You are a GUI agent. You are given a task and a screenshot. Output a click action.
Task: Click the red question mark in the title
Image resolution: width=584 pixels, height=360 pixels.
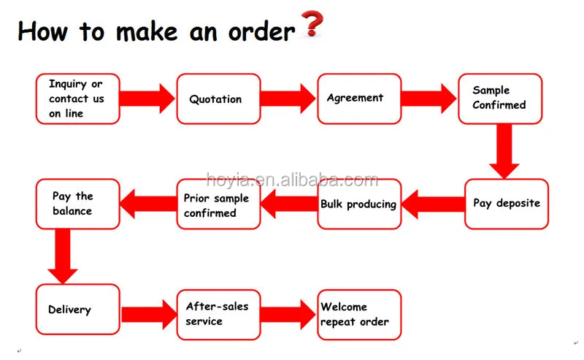click(312, 24)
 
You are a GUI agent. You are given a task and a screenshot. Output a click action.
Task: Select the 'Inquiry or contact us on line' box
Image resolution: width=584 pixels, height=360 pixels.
click(77, 99)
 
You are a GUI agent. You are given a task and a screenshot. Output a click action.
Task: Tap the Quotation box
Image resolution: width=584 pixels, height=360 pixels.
click(218, 99)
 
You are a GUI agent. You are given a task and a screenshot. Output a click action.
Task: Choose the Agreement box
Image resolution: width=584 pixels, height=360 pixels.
click(358, 99)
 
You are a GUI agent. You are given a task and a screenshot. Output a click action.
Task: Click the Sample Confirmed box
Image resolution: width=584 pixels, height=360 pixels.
click(499, 99)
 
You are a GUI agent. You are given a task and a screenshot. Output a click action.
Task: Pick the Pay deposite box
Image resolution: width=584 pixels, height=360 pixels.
click(506, 204)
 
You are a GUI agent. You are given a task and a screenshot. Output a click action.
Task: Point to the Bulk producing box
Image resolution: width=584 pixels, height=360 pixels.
click(358, 204)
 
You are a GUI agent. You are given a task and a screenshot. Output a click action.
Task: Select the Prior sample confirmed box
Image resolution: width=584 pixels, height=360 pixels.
click(218, 204)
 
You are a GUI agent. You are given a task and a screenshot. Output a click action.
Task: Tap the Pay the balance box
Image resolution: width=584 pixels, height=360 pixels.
click(77, 204)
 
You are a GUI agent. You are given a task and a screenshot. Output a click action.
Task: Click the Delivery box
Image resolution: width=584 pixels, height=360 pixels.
click(77, 310)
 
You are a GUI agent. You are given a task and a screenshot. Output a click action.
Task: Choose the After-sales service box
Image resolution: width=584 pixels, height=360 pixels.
click(218, 314)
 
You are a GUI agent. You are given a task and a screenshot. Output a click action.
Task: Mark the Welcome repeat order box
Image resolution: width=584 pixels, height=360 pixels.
click(358, 314)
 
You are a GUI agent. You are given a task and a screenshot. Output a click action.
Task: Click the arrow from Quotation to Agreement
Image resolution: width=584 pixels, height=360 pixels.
click(288, 99)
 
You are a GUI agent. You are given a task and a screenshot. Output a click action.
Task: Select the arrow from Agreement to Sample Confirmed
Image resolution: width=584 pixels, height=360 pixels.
click(429, 99)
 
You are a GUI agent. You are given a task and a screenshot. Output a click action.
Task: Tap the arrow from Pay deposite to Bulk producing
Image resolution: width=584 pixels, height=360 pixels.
click(432, 204)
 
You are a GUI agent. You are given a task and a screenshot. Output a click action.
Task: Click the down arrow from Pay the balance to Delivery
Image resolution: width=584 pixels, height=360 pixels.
click(64, 256)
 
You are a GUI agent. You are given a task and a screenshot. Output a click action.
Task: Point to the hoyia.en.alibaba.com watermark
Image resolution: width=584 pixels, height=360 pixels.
click(292, 180)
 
